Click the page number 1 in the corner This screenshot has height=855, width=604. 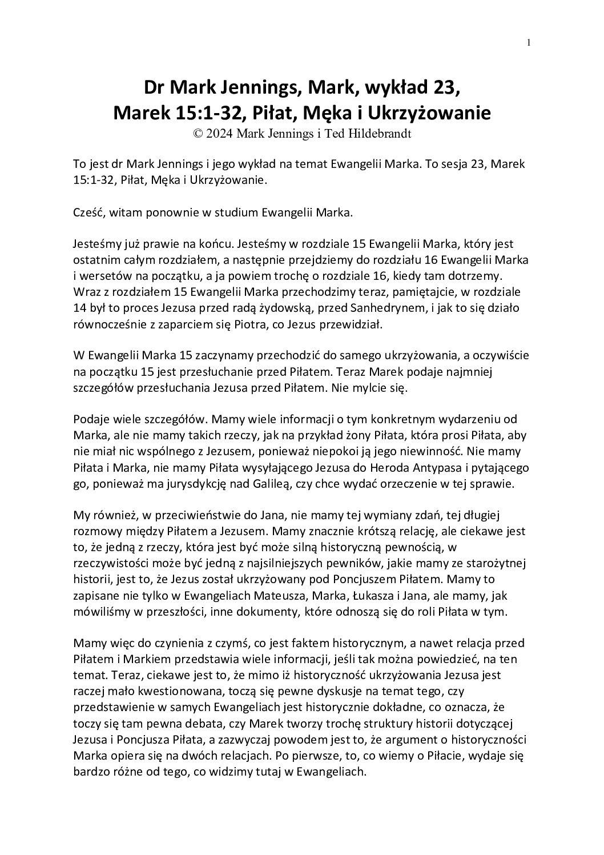coord(529,42)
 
